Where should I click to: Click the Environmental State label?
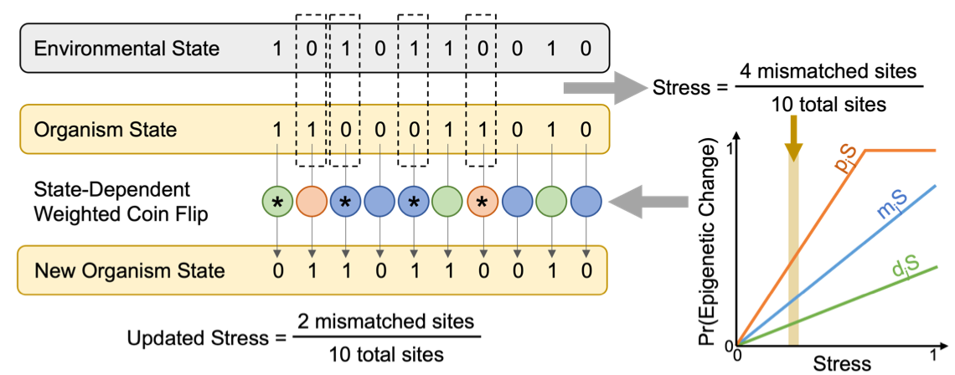[x=126, y=49]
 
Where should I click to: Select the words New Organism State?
[x=129, y=270]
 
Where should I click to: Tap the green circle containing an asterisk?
[x=277, y=201]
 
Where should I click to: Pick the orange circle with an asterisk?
[x=483, y=201]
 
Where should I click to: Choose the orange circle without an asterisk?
[x=312, y=201]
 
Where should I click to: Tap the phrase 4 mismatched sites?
[x=830, y=73]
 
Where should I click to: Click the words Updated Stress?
[x=197, y=338]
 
